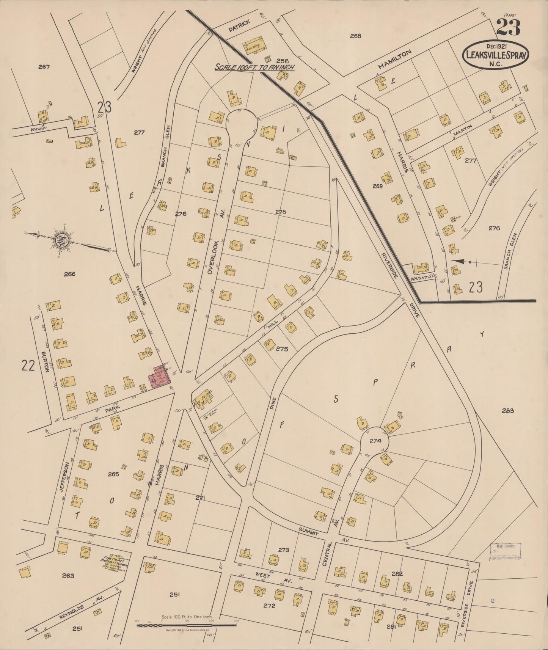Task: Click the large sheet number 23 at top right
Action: (508, 28)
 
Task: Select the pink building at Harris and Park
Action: (159, 377)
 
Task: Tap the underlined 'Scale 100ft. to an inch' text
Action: (254, 67)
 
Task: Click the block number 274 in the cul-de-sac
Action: (375, 441)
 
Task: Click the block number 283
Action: (507, 410)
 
